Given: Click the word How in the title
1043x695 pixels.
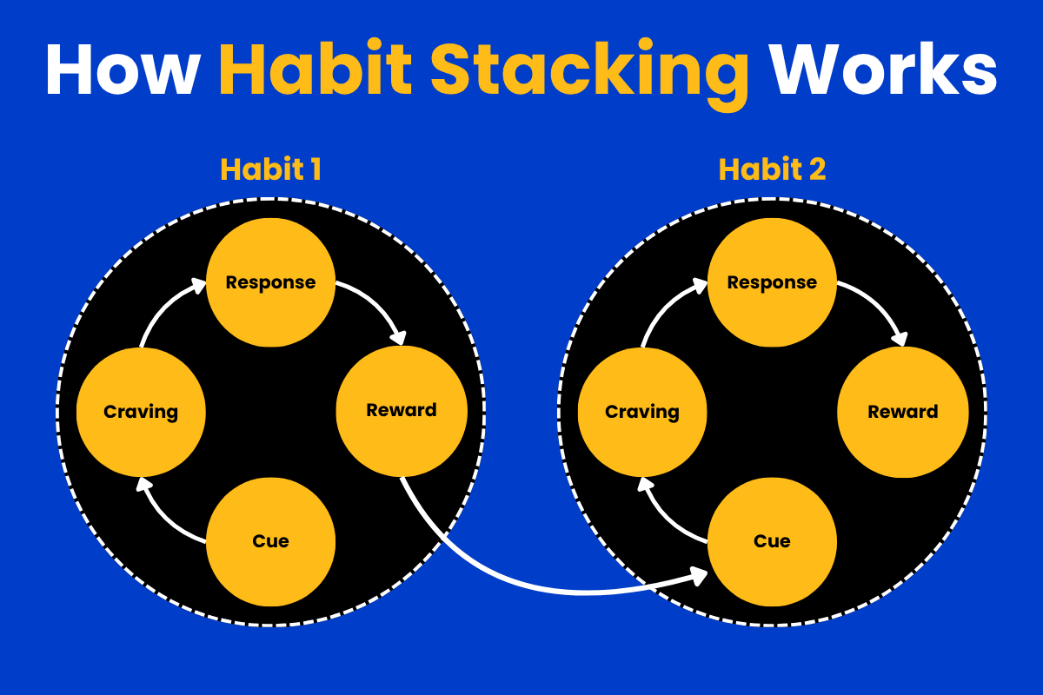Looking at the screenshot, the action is [123, 69].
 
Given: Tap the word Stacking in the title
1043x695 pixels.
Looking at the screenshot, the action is [589, 75].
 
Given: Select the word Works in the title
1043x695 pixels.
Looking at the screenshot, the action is [883, 69].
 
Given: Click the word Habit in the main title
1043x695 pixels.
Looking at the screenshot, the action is [316, 68].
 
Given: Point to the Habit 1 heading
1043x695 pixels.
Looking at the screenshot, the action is [270, 169].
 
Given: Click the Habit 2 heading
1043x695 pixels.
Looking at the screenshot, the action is [772, 169].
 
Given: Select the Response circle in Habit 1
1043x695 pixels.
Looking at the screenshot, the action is [270, 282].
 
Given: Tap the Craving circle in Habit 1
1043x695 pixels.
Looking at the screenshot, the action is [141, 412].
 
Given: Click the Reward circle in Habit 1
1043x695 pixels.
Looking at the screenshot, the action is [402, 411].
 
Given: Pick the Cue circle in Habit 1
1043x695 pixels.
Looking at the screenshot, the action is [270, 541].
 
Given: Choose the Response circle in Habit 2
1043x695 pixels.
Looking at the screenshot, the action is [772, 282].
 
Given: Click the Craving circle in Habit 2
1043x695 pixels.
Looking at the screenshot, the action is [642, 412].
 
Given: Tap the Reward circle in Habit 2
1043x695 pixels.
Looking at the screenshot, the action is [903, 412].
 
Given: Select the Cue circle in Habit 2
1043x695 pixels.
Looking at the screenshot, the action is [772, 541].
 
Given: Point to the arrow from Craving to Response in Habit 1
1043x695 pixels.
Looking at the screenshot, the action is [164, 306].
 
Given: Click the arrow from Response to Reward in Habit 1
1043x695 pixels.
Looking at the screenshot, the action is [380, 302].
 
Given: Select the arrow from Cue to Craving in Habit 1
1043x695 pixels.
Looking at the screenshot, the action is [161, 519].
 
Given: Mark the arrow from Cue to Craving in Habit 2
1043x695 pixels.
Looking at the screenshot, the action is [662, 519].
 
